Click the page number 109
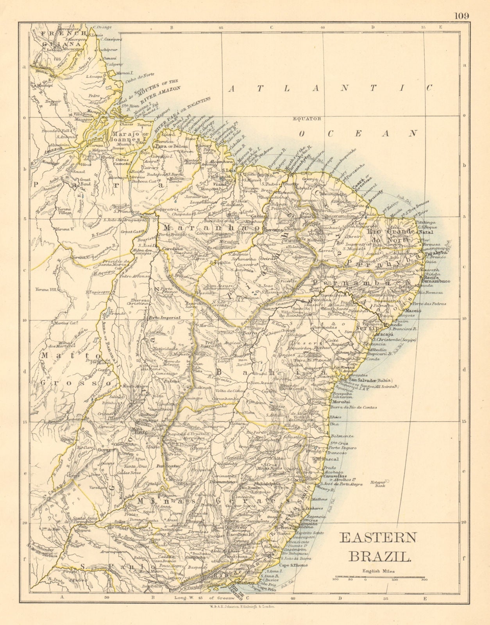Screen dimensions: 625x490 pos(461,16)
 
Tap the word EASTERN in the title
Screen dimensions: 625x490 pos(377,537)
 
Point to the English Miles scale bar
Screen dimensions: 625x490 pos(379,577)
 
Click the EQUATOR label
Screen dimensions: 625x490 pos(308,118)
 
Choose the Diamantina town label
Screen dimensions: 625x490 pos(222,482)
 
